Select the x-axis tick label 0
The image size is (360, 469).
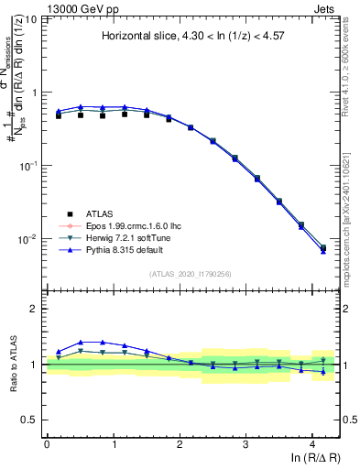(x=47, y=444)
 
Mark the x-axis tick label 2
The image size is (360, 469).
(x=180, y=444)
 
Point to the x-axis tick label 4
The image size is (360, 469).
(x=312, y=444)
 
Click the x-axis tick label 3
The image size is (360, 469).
(x=245, y=444)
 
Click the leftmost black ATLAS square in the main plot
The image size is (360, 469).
(x=58, y=115)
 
